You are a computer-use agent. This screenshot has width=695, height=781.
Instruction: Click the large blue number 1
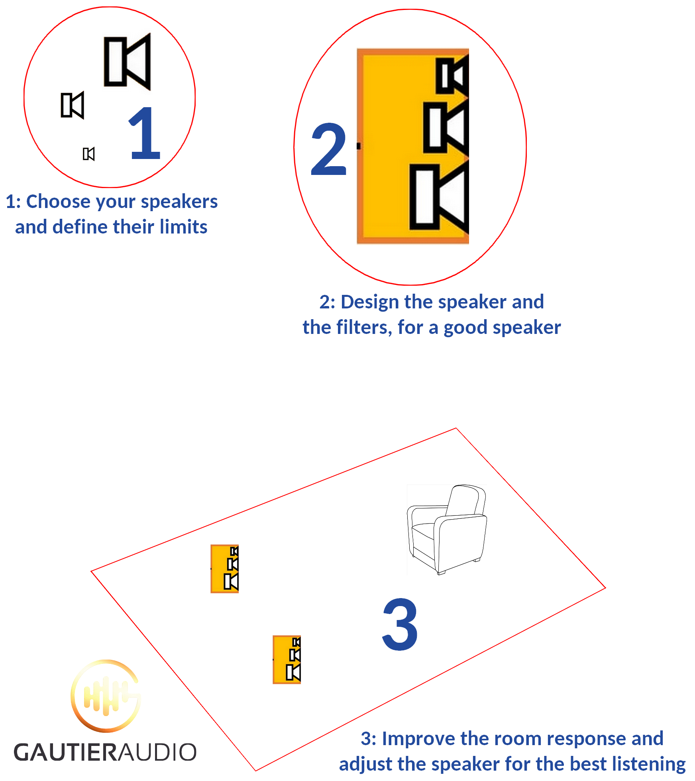[145, 134]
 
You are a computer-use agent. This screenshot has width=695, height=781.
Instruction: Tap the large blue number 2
[329, 149]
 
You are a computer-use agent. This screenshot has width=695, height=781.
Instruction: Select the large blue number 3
[400, 624]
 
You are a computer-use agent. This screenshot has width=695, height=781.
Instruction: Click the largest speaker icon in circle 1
[128, 62]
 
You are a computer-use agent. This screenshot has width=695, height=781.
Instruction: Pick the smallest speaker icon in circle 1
[89, 154]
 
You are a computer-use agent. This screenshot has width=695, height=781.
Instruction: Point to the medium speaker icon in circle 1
[73, 105]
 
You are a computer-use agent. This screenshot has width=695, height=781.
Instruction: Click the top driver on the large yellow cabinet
[452, 76]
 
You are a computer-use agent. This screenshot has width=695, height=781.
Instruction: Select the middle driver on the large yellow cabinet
[446, 128]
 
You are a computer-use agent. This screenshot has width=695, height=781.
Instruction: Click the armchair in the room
[447, 530]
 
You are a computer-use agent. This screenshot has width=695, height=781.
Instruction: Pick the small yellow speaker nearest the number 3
[287, 659]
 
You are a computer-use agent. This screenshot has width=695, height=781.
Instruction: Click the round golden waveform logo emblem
[106, 695]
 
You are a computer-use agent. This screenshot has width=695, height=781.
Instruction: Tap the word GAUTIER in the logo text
[66, 752]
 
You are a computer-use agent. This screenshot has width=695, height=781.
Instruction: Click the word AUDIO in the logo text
[158, 752]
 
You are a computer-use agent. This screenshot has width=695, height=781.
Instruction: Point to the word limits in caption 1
[184, 227]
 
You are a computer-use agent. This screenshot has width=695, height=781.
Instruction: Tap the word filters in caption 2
[364, 328]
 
